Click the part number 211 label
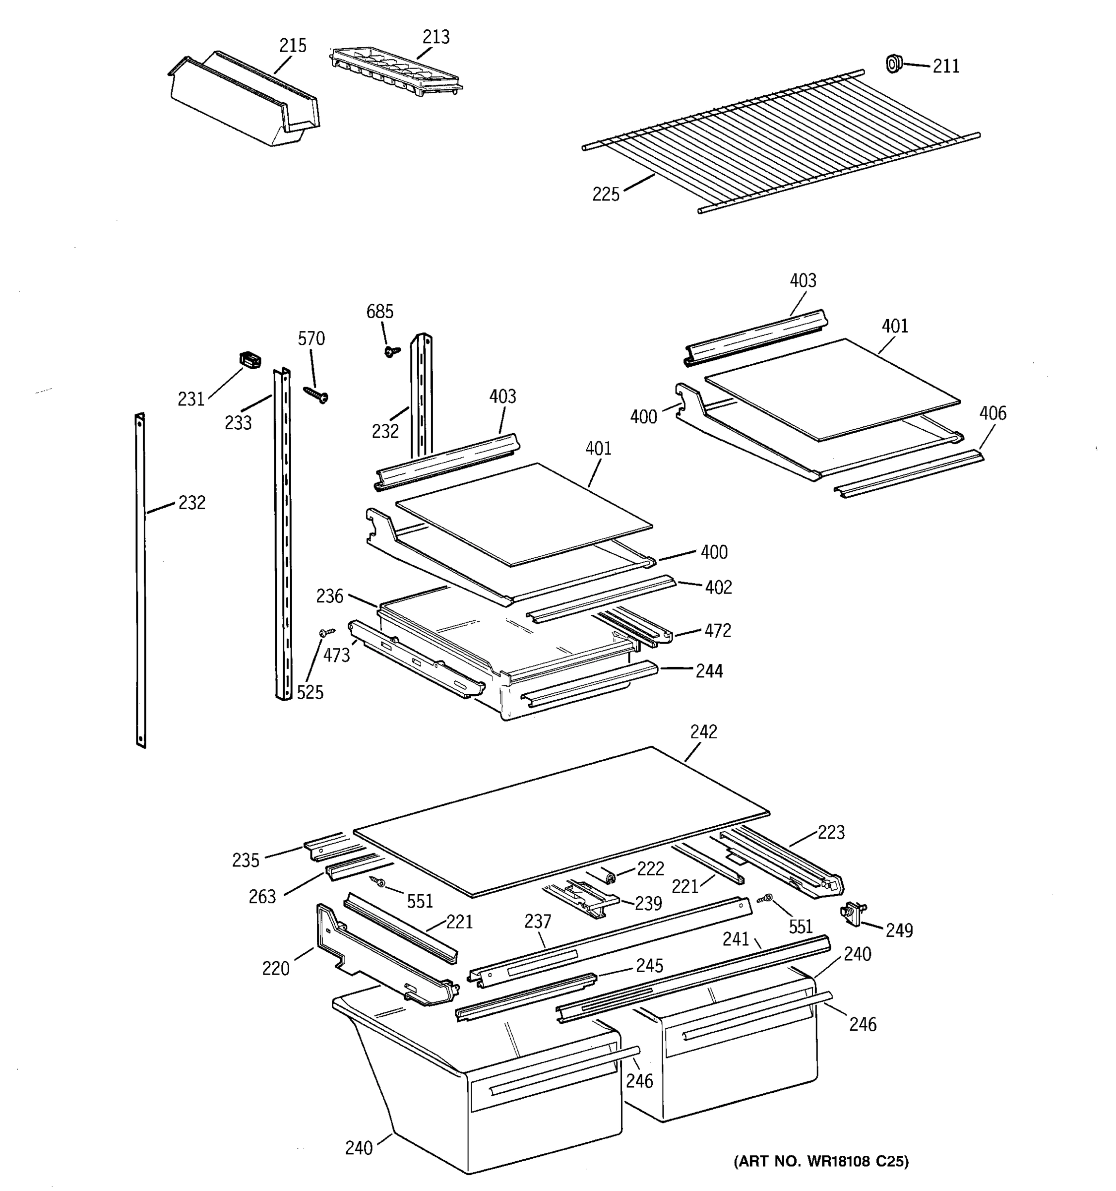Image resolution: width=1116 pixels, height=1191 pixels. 946,66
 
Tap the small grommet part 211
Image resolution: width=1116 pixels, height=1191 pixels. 893,63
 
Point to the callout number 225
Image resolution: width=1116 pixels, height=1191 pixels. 605,194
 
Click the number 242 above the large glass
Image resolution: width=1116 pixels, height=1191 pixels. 703,731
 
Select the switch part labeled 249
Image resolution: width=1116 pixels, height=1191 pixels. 853,914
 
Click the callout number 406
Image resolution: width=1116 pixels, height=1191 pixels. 992,413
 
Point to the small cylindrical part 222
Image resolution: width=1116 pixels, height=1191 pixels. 610,878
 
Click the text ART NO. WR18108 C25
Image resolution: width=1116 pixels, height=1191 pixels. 821,1162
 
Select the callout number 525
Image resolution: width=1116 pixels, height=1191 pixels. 310,693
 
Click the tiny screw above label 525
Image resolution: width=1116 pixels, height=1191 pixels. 327,632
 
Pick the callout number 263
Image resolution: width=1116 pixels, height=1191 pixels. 262,896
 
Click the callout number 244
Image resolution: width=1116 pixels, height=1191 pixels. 709,671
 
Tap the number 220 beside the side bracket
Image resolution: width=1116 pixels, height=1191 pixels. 275,968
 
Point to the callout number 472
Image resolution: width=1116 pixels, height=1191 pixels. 717,630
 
